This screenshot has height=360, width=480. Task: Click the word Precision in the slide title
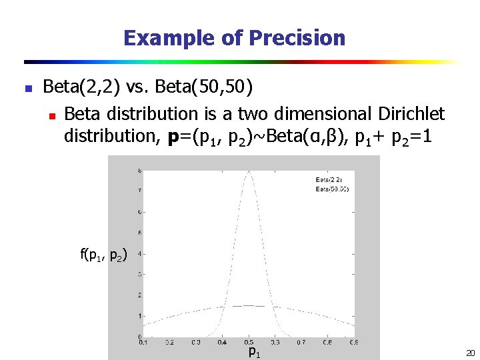pos(297,38)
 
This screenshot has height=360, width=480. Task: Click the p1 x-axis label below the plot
pos(254,351)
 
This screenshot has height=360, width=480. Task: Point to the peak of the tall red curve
pos(249,172)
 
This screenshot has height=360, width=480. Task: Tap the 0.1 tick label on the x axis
pos(143,343)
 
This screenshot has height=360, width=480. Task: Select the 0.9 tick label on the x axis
pos(353,343)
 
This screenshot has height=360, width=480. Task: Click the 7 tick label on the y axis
pos(139,191)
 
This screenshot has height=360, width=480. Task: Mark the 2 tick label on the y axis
pos(139,295)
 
